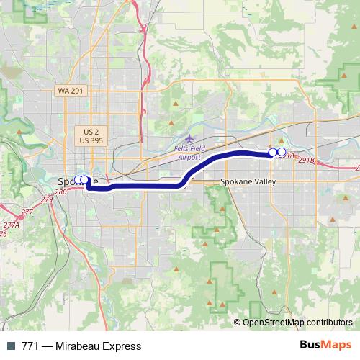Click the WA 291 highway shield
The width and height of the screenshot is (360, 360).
tap(70, 91)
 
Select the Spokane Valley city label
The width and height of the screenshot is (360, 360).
tap(248, 183)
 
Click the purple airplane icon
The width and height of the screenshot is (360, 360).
tap(189, 138)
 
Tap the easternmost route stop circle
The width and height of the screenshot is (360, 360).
tap(282, 153)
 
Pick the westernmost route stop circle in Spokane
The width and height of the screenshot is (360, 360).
tap(78, 180)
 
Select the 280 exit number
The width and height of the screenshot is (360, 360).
tap(60, 192)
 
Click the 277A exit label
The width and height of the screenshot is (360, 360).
tap(12, 225)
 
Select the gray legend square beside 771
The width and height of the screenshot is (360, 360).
tap(10, 346)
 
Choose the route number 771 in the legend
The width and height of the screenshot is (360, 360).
tap(31, 346)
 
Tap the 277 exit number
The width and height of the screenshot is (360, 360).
tap(28, 212)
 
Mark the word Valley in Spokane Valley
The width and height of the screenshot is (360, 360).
tap(264, 183)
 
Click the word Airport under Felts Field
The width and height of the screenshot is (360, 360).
tap(189, 156)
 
